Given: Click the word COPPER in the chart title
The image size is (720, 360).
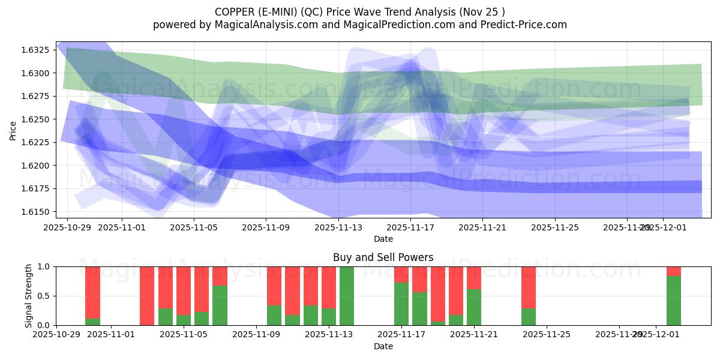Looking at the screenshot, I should click(x=234, y=12).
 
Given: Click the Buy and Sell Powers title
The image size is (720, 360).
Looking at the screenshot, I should click(x=383, y=257).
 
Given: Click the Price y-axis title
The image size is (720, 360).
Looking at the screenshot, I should click(x=13, y=130).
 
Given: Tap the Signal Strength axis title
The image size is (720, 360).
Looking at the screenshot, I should click(x=28, y=296).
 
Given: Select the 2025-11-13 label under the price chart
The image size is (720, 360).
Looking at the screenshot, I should click(x=338, y=228).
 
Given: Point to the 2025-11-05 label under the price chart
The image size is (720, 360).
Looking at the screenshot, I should click(x=194, y=228).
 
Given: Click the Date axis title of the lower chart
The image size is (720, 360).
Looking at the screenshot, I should click(x=383, y=346).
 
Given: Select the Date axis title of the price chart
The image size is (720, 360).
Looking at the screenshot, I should click(x=383, y=239).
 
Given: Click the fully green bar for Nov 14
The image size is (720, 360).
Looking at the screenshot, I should click(x=347, y=296).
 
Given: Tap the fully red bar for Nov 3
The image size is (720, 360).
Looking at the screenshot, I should click(x=147, y=296).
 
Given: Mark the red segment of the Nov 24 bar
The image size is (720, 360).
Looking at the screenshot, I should click(x=529, y=287).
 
